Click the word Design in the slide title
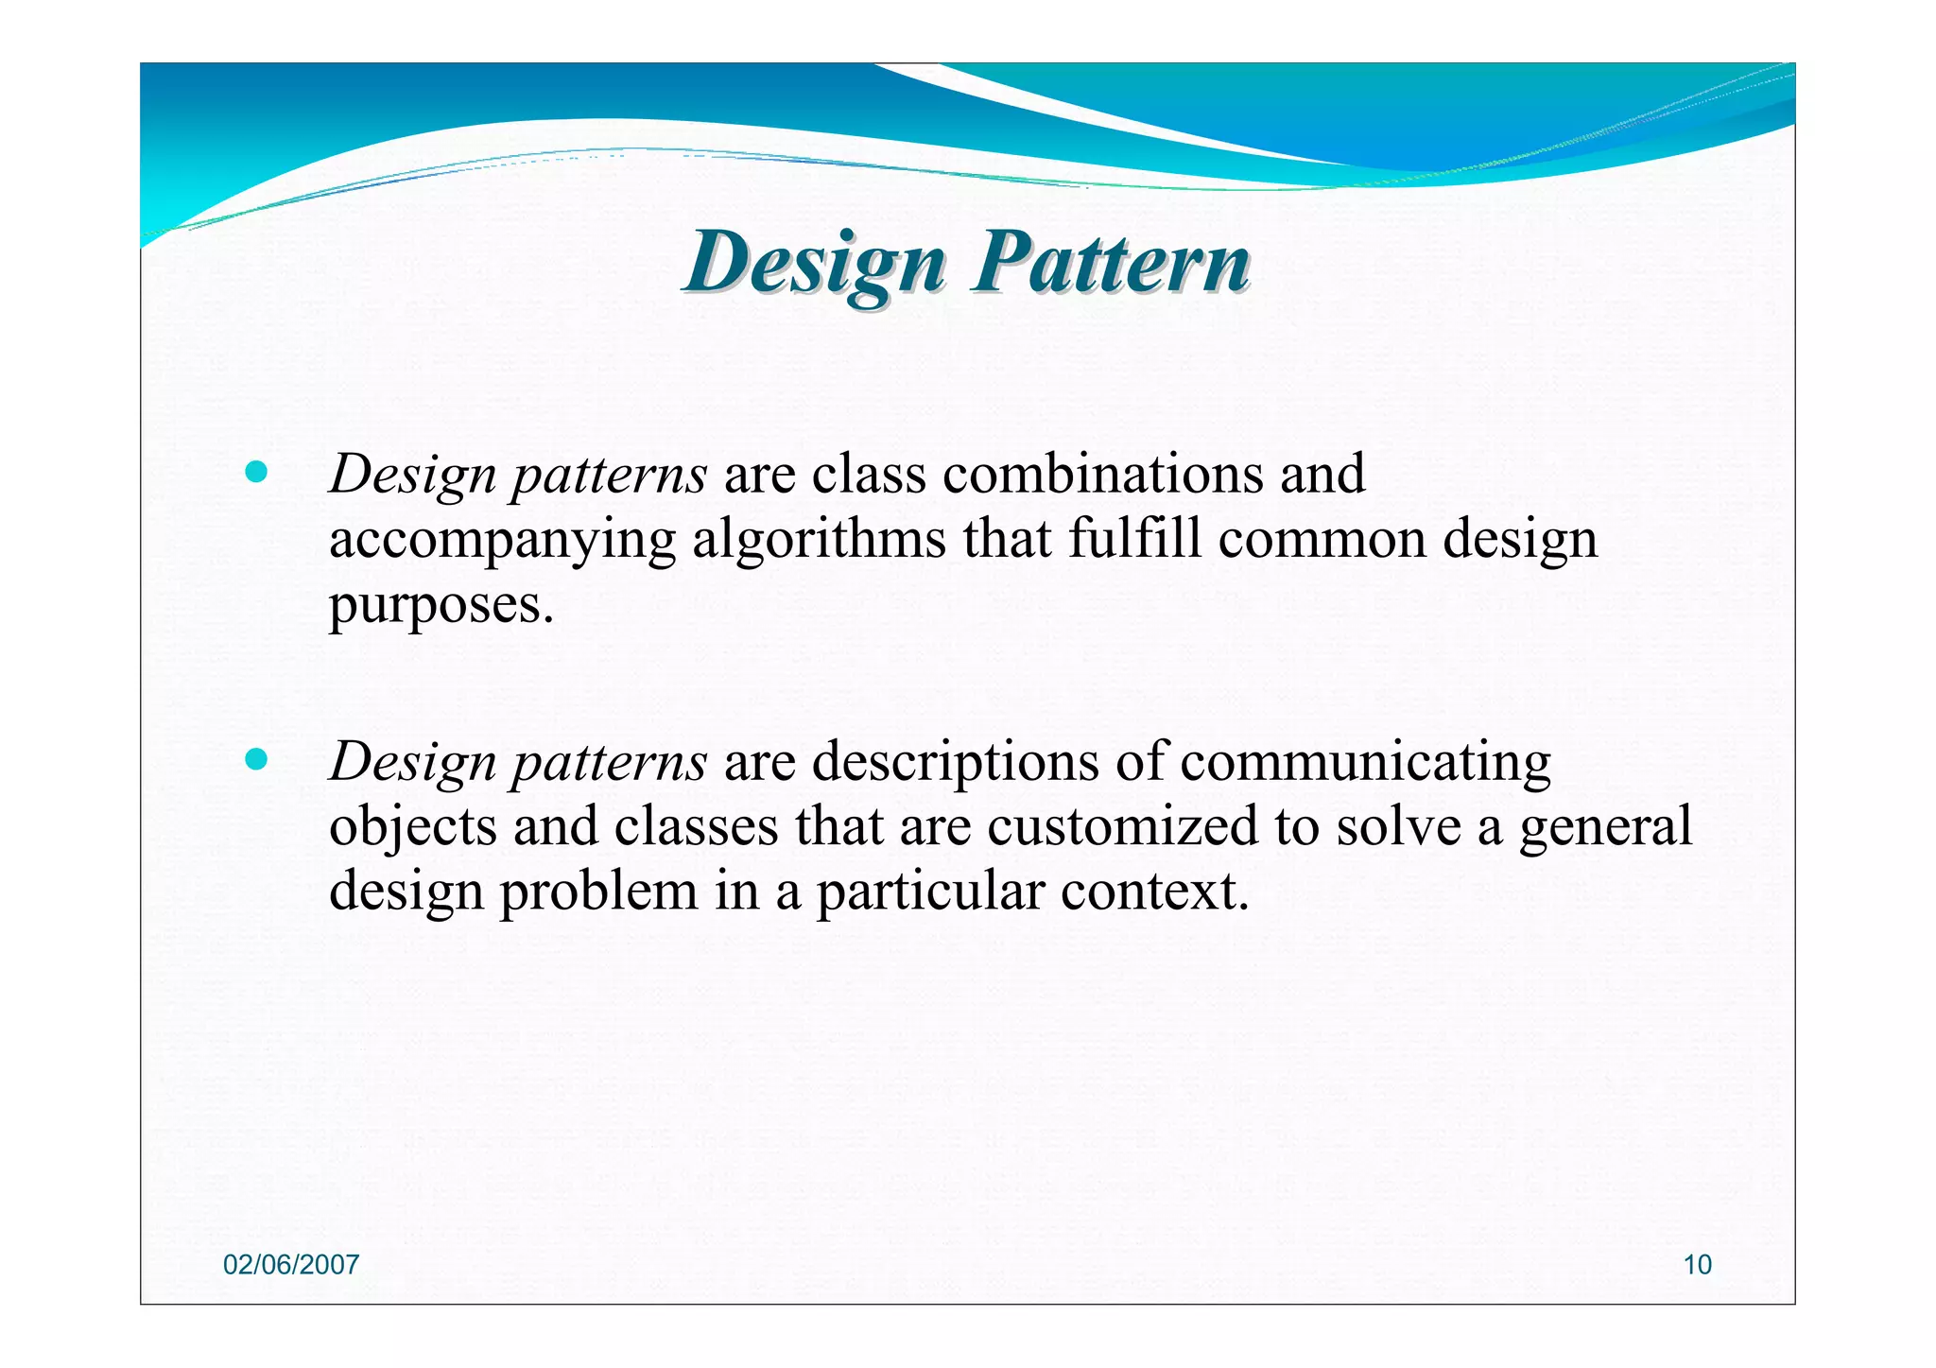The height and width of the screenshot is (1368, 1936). point(815,263)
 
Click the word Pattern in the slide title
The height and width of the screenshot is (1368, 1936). point(1112,263)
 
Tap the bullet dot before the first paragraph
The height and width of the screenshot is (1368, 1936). point(255,472)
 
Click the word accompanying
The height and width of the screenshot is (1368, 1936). point(502,542)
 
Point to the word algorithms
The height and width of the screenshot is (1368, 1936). point(819,540)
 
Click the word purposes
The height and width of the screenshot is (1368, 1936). point(440,606)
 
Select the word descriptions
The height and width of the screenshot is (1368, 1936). point(955,762)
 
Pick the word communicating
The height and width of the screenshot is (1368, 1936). point(1365,762)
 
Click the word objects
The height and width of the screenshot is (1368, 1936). point(412,826)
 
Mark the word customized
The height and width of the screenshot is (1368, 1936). point(1122,826)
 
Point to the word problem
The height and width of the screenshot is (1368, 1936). point(598,892)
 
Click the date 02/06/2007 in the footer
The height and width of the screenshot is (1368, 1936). point(291,1265)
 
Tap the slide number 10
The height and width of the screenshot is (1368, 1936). point(1697,1265)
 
